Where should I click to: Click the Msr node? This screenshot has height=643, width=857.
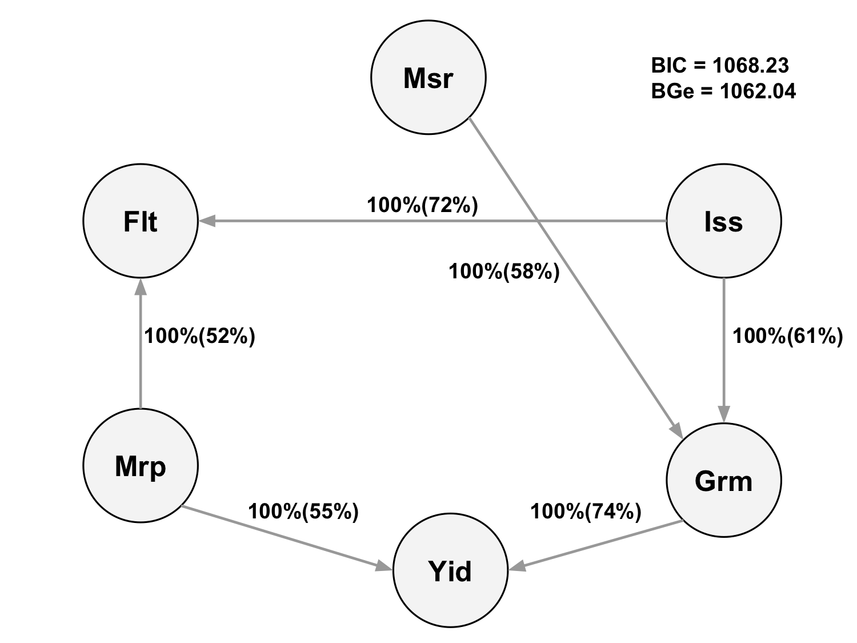coord(428,77)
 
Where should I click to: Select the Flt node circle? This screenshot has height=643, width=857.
coord(141,221)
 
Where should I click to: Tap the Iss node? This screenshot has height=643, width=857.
coord(723,221)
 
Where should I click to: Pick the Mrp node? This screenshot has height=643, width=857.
coord(141,465)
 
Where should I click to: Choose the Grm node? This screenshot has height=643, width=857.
coord(723,480)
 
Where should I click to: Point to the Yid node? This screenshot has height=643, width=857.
coord(450,570)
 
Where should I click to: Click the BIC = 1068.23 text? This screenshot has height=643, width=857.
coord(719,65)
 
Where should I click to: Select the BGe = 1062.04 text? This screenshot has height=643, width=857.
coord(723,91)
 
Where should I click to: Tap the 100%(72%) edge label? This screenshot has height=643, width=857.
coord(422,205)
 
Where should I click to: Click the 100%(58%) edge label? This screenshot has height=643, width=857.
coord(504,271)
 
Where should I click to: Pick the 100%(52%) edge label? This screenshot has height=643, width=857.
coord(199,336)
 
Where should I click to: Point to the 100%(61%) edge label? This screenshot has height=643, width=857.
coord(787,336)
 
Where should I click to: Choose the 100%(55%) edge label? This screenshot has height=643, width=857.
coord(303,511)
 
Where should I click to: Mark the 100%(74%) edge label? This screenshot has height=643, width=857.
coord(586,511)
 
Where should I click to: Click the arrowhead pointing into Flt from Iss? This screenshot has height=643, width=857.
coord(207,221)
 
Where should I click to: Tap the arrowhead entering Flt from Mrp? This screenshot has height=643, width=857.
coord(141,286)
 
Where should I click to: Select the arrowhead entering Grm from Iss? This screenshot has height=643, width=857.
coord(724,414)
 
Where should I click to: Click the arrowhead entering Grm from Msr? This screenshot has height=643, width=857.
coord(676,430)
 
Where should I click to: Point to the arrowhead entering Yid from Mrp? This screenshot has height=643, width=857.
coord(384,566)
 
